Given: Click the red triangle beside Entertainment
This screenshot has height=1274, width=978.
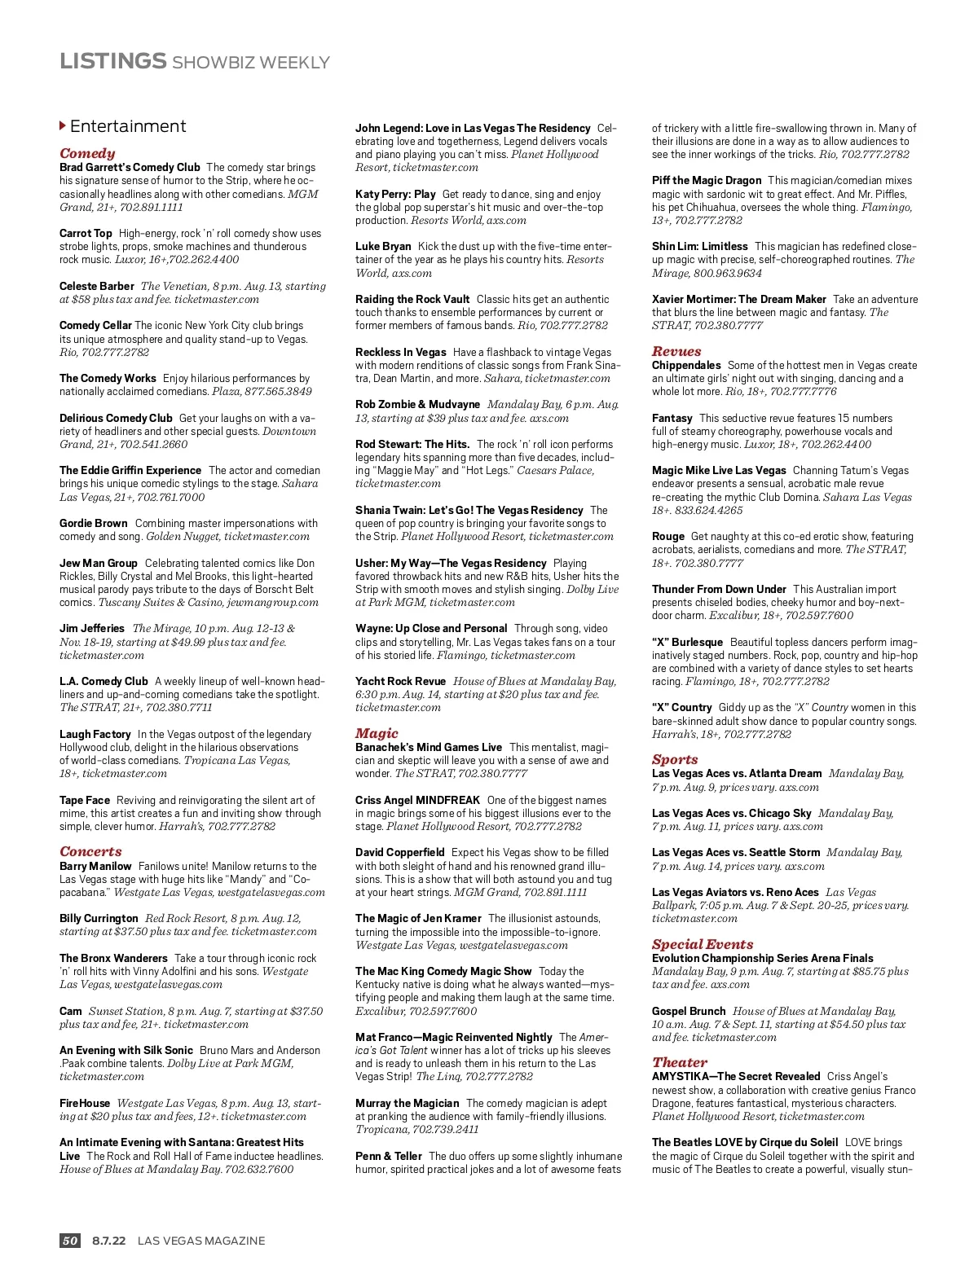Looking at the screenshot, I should (x=63, y=126).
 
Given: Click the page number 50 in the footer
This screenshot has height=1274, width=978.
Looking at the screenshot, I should (x=70, y=1241).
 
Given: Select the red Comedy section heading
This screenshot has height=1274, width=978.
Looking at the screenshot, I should (x=87, y=153).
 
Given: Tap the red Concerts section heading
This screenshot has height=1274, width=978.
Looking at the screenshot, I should (x=90, y=851).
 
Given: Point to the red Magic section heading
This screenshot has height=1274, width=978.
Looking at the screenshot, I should (x=377, y=733).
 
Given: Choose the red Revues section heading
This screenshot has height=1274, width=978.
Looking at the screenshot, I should (x=676, y=351).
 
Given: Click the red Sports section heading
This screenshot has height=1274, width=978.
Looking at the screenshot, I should (x=675, y=759).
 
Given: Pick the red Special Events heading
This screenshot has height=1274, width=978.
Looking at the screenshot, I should (x=703, y=944).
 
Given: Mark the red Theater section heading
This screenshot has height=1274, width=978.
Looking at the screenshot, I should (x=680, y=1062).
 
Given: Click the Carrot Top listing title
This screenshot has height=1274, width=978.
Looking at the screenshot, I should (x=86, y=233).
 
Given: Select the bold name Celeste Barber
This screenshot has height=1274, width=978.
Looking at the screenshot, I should (x=96, y=286).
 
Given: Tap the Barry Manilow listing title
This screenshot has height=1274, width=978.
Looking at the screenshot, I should (x=95, y=866).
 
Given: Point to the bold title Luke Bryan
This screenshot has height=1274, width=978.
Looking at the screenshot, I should (x=383, y=246).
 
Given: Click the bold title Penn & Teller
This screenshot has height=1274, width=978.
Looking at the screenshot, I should (x=389, y=1156).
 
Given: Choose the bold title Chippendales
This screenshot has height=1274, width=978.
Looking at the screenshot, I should (x=686, y=365).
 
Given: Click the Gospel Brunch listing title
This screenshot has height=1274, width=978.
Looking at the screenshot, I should (x=689, y=1011).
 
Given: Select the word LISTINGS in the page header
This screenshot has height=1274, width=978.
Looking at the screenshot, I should (x=112, y=61).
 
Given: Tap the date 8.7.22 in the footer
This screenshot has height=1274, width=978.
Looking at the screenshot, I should (x=108, y=1241).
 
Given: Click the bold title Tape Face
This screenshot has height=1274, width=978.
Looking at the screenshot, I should (x=85, y=800).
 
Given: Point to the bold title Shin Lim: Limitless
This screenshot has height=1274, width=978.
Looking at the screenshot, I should (x=699, y=246).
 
